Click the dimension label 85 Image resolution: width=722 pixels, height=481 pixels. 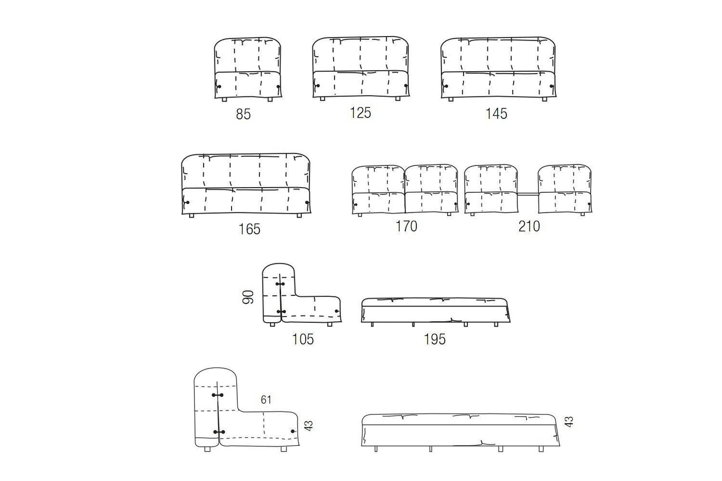(243, 114)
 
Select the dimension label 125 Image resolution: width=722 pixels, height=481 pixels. (360, 113)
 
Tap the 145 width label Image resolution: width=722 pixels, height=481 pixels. (496, 114)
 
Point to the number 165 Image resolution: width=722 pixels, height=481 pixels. (249, 229)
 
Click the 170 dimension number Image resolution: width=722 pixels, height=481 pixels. (406, 226)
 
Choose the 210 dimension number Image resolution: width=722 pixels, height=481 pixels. (529, 226)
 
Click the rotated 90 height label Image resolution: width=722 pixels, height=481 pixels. (248, 297)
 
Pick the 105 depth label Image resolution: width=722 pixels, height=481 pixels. (303, 339)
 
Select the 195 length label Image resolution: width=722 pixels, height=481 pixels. (434, 339)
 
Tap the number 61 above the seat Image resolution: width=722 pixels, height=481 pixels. (266, 400)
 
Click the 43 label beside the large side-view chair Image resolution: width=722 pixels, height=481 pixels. (308, 426)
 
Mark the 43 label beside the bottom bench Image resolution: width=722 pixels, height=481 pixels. (569, 422)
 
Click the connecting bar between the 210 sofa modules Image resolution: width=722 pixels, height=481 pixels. (528, 194)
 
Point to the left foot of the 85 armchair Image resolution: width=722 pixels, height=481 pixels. (224, 99)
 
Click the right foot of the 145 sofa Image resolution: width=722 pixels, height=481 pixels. (545, 99)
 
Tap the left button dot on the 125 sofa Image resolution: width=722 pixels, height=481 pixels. (318, 86)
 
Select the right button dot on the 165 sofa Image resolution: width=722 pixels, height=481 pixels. (306, 203)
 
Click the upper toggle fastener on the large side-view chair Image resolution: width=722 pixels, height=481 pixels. (218, 395)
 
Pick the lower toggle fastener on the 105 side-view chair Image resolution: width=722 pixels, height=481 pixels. (281, 312)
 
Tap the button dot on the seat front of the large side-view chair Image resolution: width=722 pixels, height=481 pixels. (293, 431)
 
